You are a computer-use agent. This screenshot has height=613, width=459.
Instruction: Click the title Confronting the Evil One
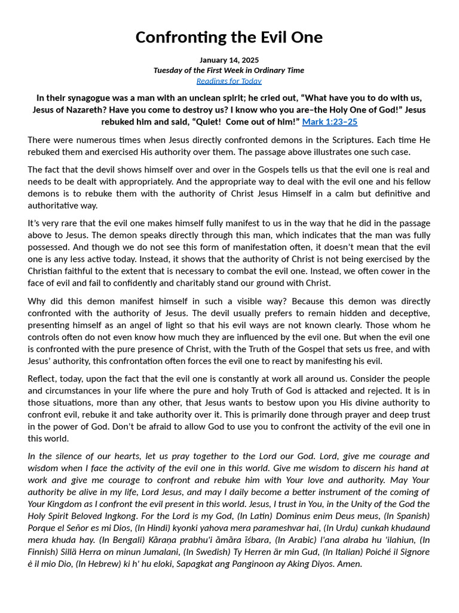[229, 38]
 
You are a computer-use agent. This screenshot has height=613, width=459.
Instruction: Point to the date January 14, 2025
[229, 60]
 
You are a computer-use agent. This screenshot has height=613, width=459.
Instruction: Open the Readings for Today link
[229, 81]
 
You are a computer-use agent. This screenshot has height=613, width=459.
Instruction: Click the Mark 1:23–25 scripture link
[330, 122]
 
